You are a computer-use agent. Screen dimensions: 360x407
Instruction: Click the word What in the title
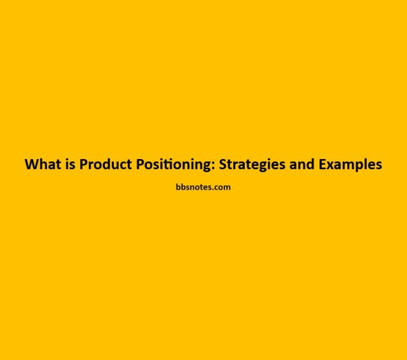click(41, 164)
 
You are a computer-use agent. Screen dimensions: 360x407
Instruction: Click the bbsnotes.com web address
click(203, 188)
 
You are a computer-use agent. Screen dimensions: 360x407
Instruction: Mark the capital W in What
click(31, 164)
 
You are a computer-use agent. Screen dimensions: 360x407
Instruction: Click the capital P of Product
click(84, 164)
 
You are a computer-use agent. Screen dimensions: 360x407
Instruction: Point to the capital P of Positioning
click(141, 164)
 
